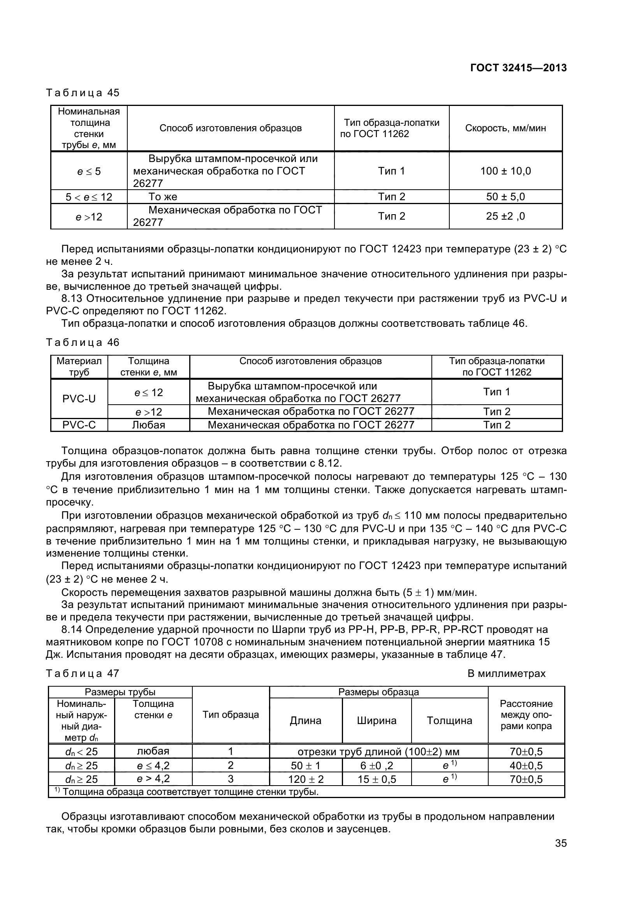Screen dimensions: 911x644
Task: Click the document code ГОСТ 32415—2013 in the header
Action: [518, 68]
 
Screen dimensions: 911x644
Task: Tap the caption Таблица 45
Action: [83, 93]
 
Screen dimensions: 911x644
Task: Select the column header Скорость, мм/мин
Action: [505, 128]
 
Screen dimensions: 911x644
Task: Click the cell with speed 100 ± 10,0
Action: [505, 171]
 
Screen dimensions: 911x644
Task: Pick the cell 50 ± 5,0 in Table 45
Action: [505, 197]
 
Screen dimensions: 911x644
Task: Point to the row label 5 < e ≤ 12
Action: [89, 197]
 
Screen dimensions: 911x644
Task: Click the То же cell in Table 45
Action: [163, 197]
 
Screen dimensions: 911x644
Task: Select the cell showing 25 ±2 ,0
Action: [505, 216]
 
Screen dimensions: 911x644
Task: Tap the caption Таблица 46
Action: [83, 342]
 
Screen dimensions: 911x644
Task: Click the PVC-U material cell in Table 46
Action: [79, 399]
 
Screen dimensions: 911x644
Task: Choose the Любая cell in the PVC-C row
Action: [148, 425]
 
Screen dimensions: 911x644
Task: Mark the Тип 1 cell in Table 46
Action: [496, 392]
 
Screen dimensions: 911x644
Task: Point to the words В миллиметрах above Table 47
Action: [507, 673]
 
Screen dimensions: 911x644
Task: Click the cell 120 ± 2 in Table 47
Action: [305, 779]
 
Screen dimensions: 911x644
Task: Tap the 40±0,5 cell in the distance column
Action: [526, 765]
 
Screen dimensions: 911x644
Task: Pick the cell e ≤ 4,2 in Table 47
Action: [153, 765]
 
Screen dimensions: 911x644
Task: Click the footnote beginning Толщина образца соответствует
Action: [187, 792]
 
